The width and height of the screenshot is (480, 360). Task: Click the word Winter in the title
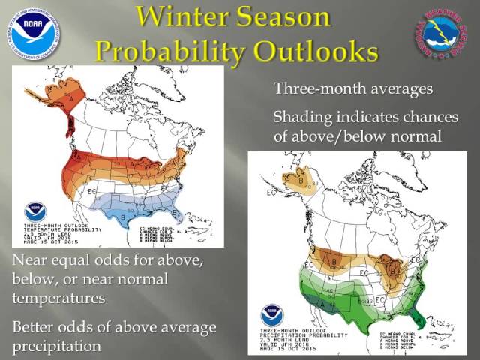(x=188, y=18)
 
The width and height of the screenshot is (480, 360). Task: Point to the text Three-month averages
(x=352, y=88)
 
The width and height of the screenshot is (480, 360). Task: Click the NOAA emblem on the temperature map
(x=35, y=212)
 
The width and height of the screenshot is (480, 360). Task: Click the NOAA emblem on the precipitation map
(x=272, y=315)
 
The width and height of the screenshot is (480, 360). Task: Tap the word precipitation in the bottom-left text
(x=57, y=346)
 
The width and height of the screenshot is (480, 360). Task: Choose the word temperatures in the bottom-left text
(x=58, y=298)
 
